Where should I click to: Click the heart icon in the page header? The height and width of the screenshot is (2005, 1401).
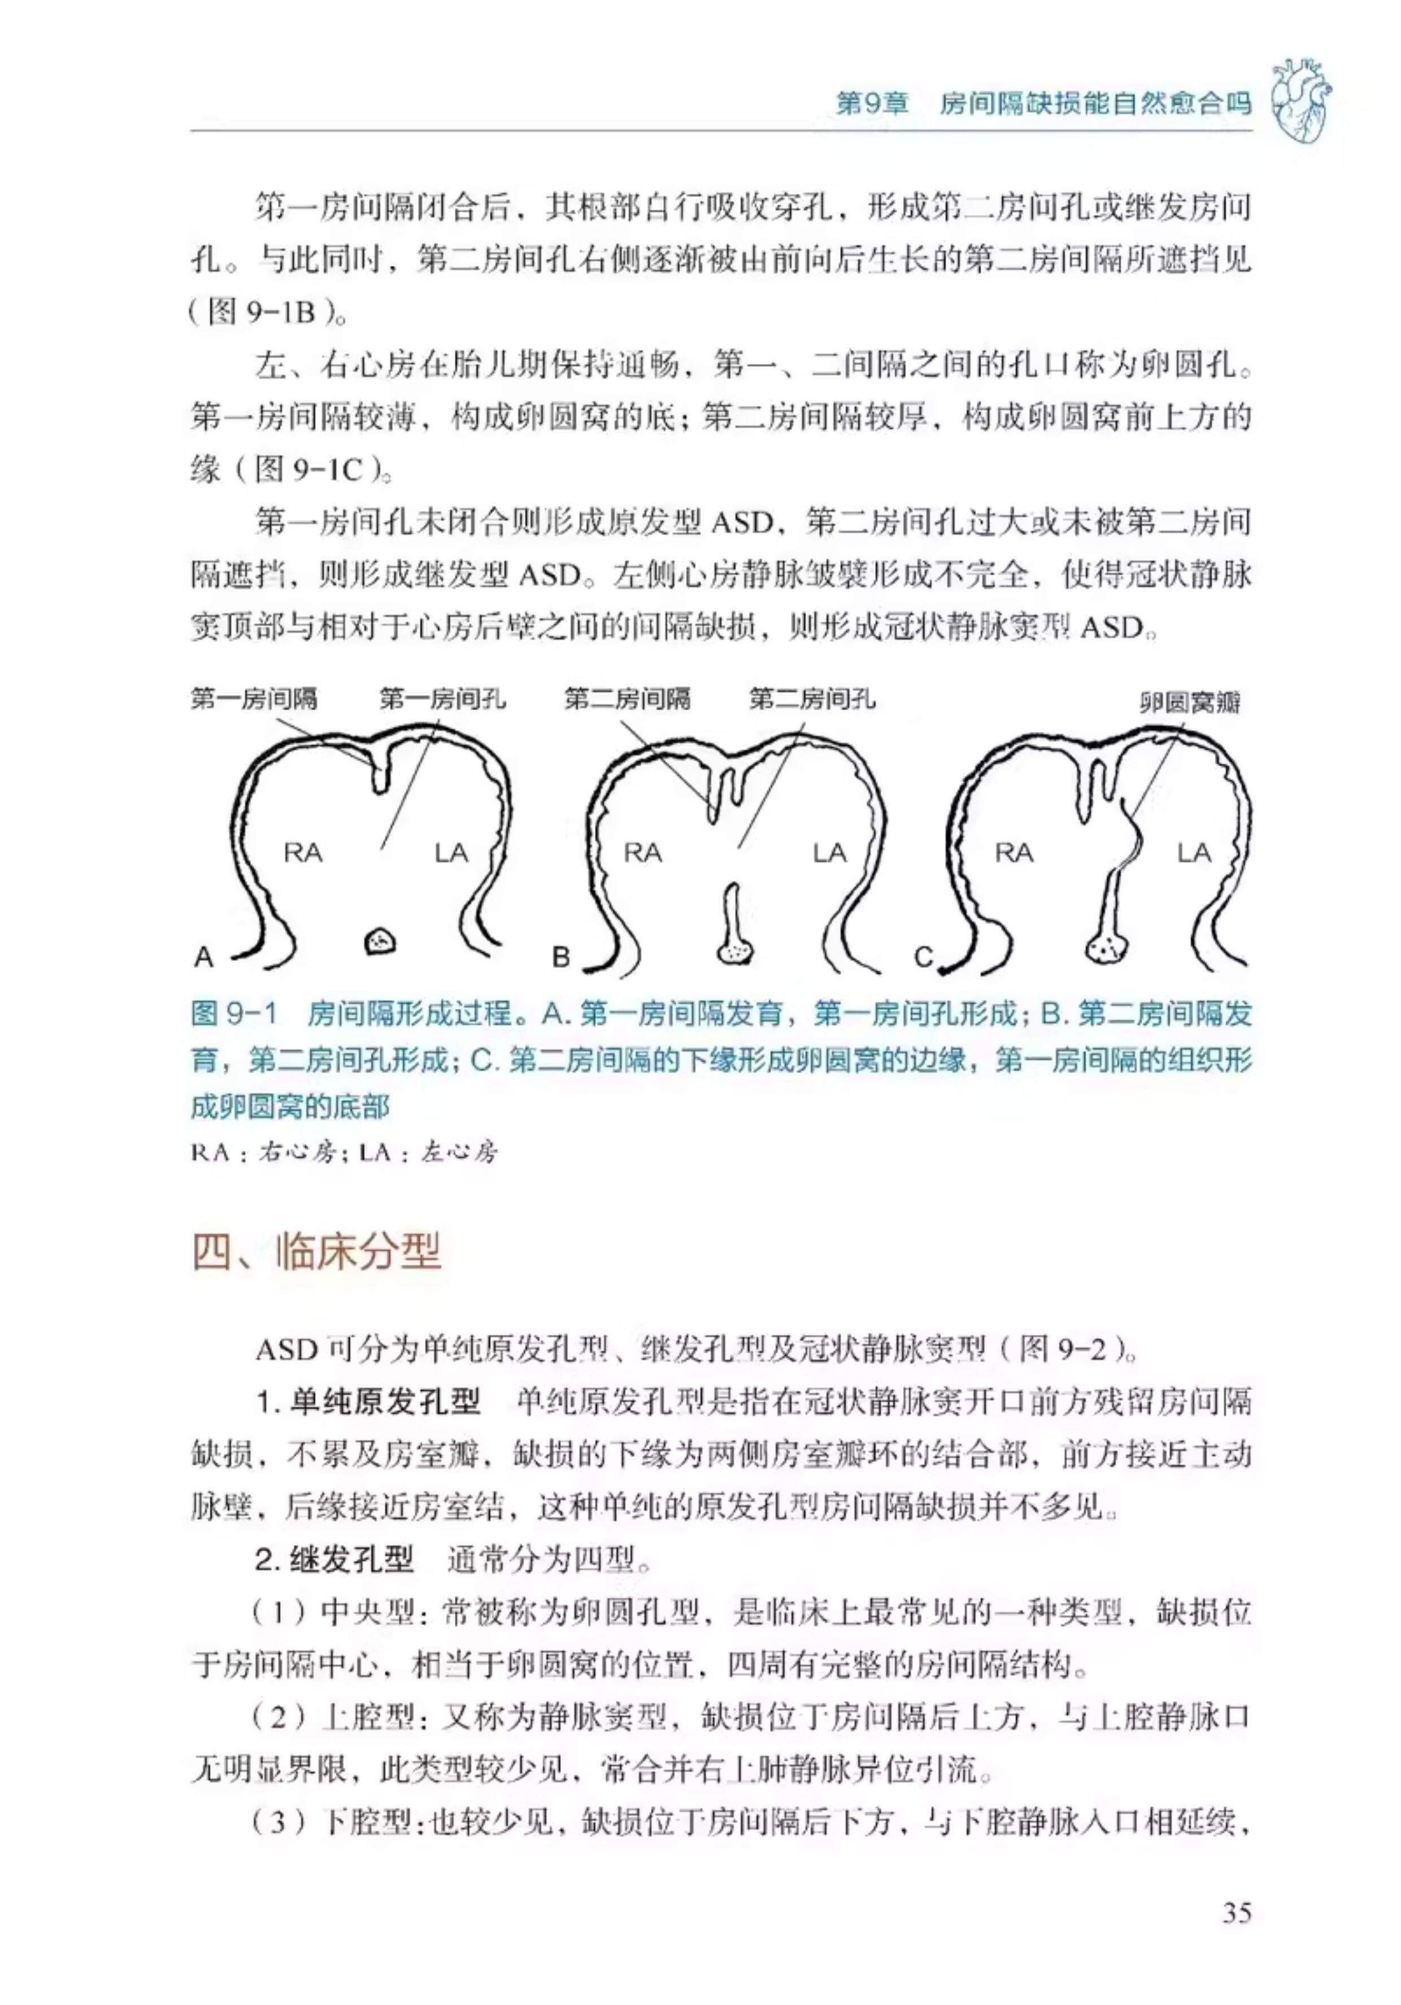(1300, 101)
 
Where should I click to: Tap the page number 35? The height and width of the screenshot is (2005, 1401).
(1237, 1912)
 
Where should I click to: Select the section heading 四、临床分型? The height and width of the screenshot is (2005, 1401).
(316, 1251)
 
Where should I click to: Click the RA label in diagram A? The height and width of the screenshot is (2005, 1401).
(302, 852)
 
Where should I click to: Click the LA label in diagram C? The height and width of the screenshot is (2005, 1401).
(1193, 852)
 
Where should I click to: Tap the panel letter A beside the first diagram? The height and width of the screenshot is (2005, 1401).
(203, 957)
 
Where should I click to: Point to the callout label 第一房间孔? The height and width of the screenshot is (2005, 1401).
(442, 698)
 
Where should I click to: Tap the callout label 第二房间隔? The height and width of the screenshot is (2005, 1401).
(626, 698)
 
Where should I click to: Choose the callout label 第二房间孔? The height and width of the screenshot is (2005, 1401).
(812, 698)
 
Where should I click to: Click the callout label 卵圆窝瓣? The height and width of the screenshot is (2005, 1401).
(1190, 702)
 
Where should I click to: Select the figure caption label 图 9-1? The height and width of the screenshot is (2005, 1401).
(234, 1014)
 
